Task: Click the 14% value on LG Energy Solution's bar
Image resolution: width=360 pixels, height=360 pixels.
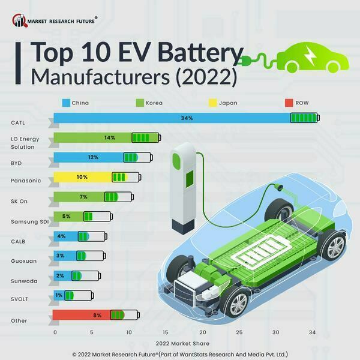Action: pyautogui.click(x=109, y=138)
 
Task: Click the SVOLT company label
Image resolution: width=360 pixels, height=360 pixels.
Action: pyautogui.click(x=19, y=299)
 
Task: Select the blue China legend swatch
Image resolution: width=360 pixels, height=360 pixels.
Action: pyautogui.click(x=66, y=103)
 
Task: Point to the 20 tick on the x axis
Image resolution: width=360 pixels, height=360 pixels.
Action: pyautogui.click(x=202, y=332)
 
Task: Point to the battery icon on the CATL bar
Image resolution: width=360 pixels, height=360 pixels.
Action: pyautogui.click(x=305, y=118)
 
